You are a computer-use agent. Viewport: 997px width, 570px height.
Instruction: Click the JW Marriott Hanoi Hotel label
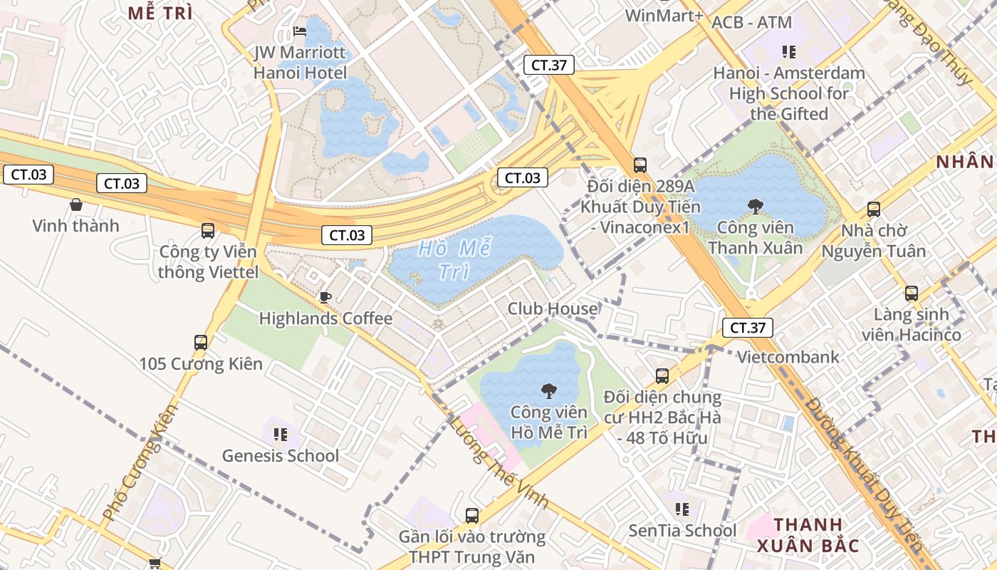point(301,63)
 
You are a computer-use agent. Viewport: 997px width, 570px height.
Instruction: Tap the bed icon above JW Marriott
point(301,32)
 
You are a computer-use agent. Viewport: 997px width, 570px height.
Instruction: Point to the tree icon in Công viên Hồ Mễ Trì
point(548,390)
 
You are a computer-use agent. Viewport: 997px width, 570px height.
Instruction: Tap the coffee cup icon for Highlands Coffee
point(325,297)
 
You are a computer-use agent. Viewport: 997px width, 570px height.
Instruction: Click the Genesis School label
point(281,455)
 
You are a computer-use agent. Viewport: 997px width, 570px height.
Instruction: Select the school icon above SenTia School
point(682,509)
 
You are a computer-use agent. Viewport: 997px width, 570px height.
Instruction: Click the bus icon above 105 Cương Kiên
point(201,343)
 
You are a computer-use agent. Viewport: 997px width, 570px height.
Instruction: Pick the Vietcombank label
point(788,357)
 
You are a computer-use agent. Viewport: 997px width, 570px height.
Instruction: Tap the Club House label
point(552,309)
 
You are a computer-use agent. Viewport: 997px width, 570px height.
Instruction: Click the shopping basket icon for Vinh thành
point(76,205)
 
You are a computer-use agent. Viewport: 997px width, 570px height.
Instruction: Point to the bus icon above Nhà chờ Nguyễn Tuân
point(874,209)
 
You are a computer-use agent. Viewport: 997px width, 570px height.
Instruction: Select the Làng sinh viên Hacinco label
point(911,324)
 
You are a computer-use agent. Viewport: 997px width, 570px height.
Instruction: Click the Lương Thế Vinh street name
point(499,462)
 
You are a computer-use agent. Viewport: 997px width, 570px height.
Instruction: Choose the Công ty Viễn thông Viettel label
point(208,261)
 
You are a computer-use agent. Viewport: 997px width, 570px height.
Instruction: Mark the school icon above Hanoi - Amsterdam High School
point(789,51)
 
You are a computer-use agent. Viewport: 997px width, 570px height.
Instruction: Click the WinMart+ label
point(664,15)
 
